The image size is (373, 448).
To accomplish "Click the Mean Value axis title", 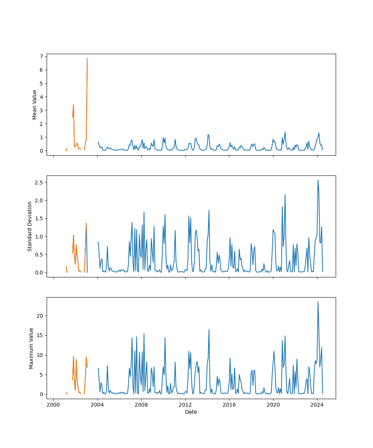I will [35, 105].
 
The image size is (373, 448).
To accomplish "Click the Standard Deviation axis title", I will [30, 226].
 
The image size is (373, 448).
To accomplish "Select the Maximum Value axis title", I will [31, 348].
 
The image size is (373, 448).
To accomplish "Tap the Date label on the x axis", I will [191, 412].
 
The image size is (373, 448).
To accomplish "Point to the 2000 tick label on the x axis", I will [53, 405].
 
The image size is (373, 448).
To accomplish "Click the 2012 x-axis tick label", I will [185, 405].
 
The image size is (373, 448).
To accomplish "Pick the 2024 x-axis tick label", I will [317, 405].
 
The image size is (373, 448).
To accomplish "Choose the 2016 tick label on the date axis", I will [229, 405].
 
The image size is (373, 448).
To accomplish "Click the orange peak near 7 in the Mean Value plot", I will [87, 58].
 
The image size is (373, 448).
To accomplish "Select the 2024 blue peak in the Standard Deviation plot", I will [318, 180].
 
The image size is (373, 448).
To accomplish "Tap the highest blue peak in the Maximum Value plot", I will [318, 302].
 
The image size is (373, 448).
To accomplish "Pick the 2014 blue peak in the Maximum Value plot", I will [209, 329].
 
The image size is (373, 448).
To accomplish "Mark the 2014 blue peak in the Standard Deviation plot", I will [209, 210].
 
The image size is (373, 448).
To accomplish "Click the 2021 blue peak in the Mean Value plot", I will [285, 132].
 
